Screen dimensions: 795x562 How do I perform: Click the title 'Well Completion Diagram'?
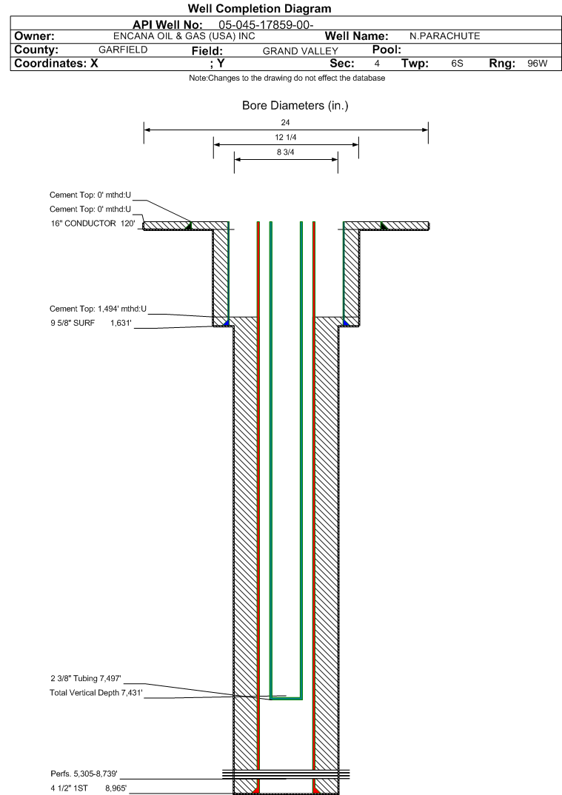pyautogui.click(x=259, y=9)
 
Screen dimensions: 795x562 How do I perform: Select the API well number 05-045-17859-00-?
pyautogui.click(x=267, y=24)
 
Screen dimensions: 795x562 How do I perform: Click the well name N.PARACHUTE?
pyautogui.click(x=445, y=36)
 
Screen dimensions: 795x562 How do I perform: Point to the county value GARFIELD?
pyautogui.click(x=123, y=50)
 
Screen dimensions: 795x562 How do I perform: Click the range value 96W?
pyautogui.click(x=538, y=64)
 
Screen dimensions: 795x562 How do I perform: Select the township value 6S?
pyautogui.click(x=457, y=64)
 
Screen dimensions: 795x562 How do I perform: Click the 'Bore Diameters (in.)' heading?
pyautogui.click(x=295, y=106)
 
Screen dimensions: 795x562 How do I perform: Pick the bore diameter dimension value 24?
pyautogui.click(x=286, y=122)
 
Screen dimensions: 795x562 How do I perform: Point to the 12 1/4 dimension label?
pyautogui.click(x=286, y=138)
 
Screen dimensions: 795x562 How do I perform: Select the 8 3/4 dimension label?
pyautogui.click(x=286, y=152)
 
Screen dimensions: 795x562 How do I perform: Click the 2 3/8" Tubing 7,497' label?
pyautogui.click(x=85, y=678)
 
